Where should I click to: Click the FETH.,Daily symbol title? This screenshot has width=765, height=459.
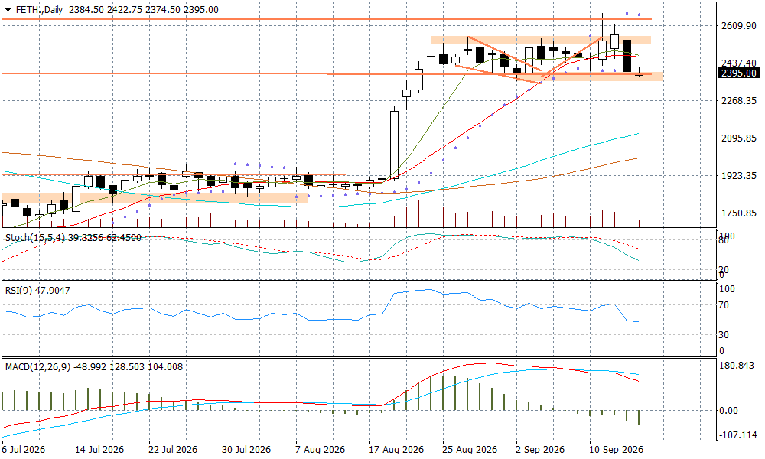[40, 9]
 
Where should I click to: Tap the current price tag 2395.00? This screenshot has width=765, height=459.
[739, 73]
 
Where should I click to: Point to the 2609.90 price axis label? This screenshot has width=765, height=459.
[739, 25]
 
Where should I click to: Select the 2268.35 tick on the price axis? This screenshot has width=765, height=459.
[739, 100]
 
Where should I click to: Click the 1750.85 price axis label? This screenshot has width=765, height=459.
[739, 213]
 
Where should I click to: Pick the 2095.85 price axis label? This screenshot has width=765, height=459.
[739, 138]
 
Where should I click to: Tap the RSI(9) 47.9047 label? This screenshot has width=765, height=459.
[37, 291]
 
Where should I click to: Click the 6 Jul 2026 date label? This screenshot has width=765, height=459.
[24, 450]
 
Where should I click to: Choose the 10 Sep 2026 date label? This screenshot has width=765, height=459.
[616, 450]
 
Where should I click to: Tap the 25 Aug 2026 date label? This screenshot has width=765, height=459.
[470, 450]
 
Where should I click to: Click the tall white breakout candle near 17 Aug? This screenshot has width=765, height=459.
[394, 144]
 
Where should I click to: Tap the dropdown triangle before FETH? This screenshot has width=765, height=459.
[8, 9]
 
